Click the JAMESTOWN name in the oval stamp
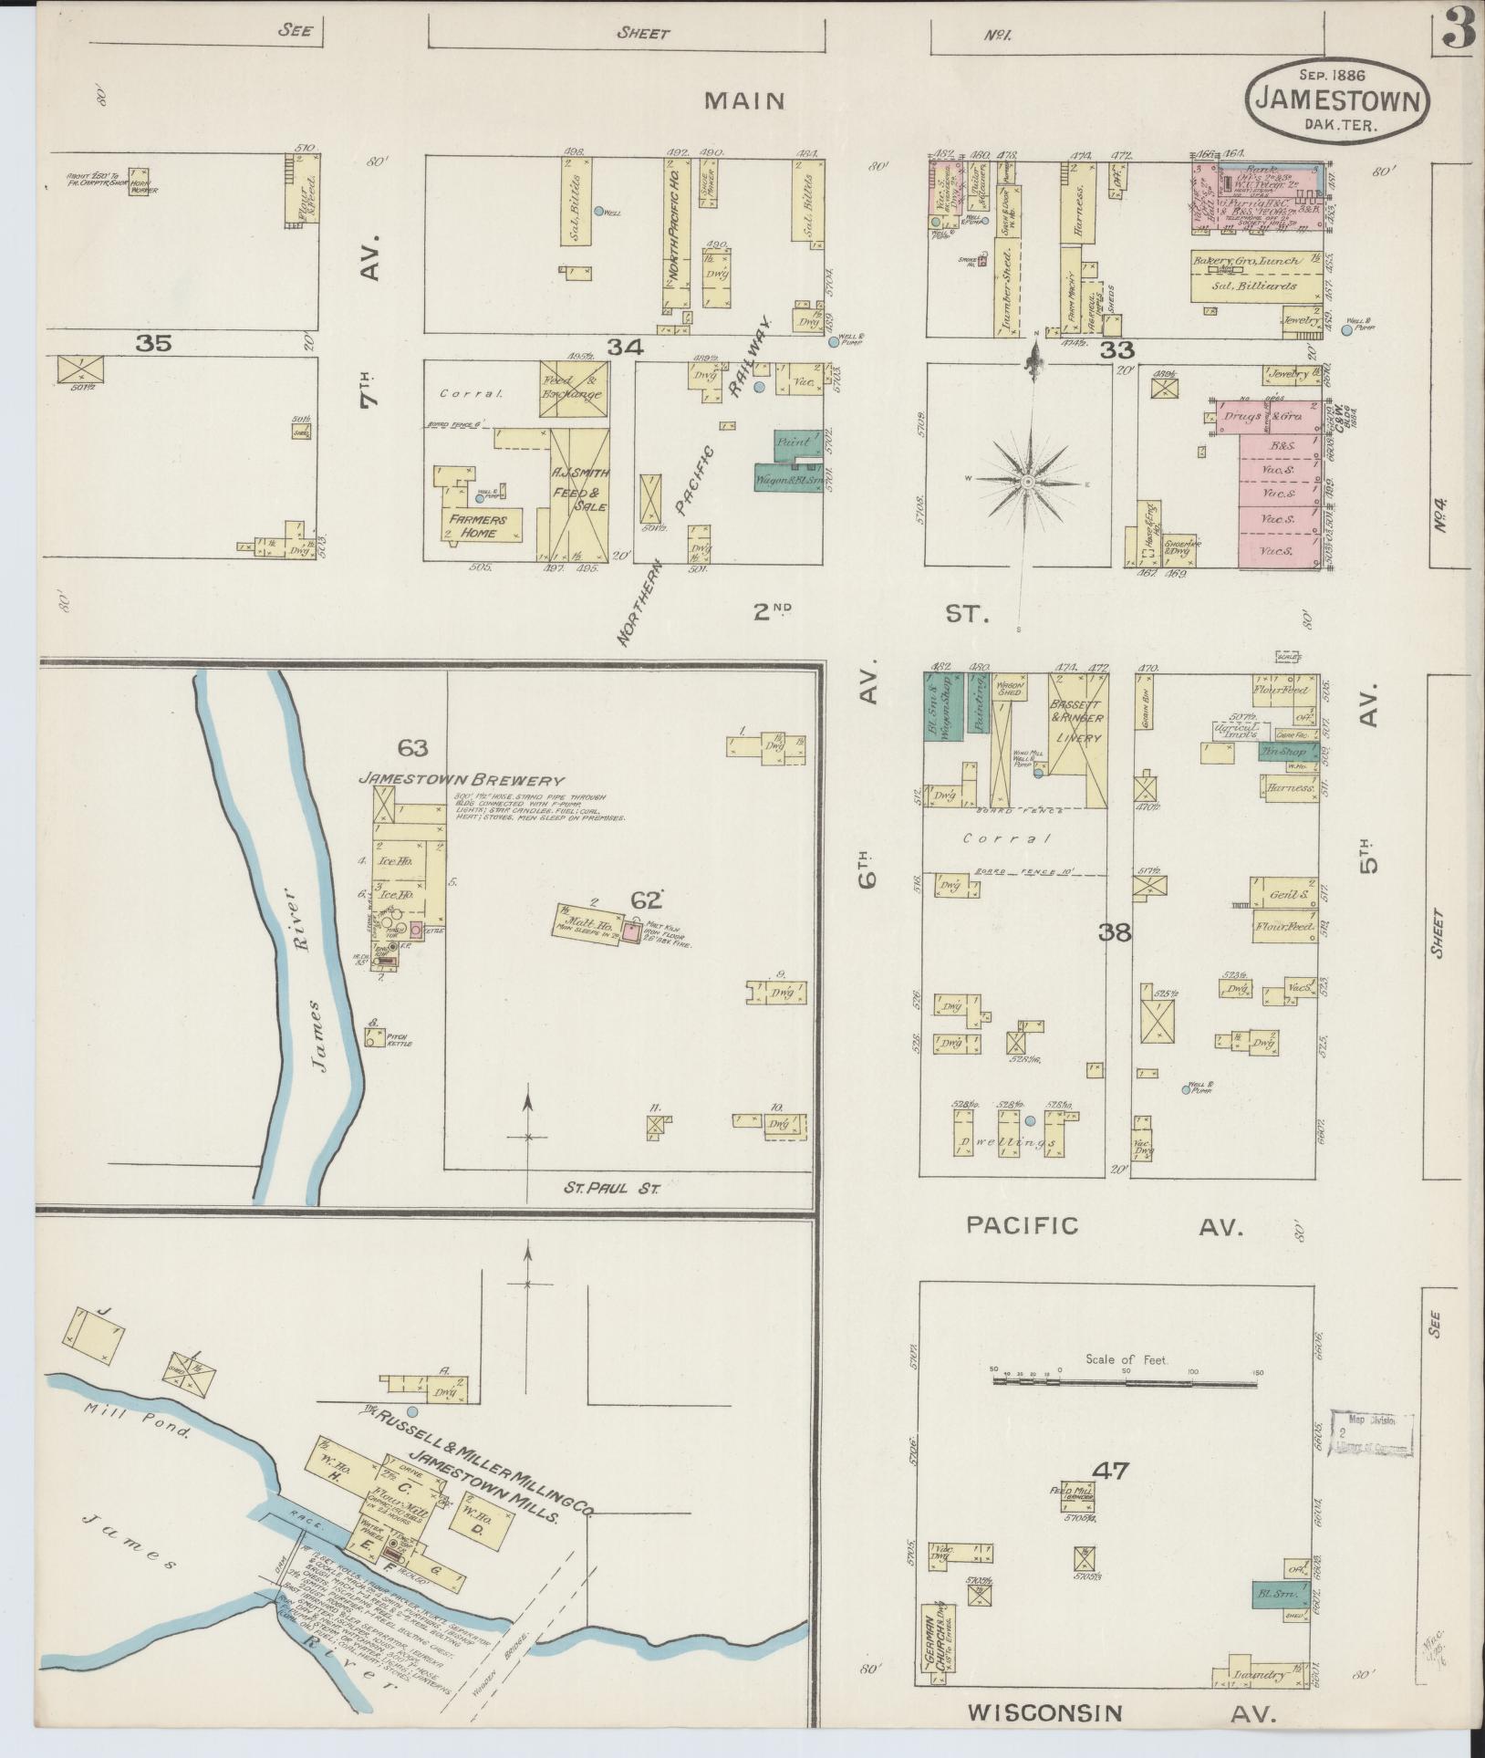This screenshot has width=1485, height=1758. (1337, 99)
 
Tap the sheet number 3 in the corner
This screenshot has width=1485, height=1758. (1458, 29)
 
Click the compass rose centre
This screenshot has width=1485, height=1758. (1028, 481)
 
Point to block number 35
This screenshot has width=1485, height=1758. (153, 344)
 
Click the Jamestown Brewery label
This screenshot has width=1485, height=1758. (461, 780)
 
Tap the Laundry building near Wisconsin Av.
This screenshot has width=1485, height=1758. (1262, 1675)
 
